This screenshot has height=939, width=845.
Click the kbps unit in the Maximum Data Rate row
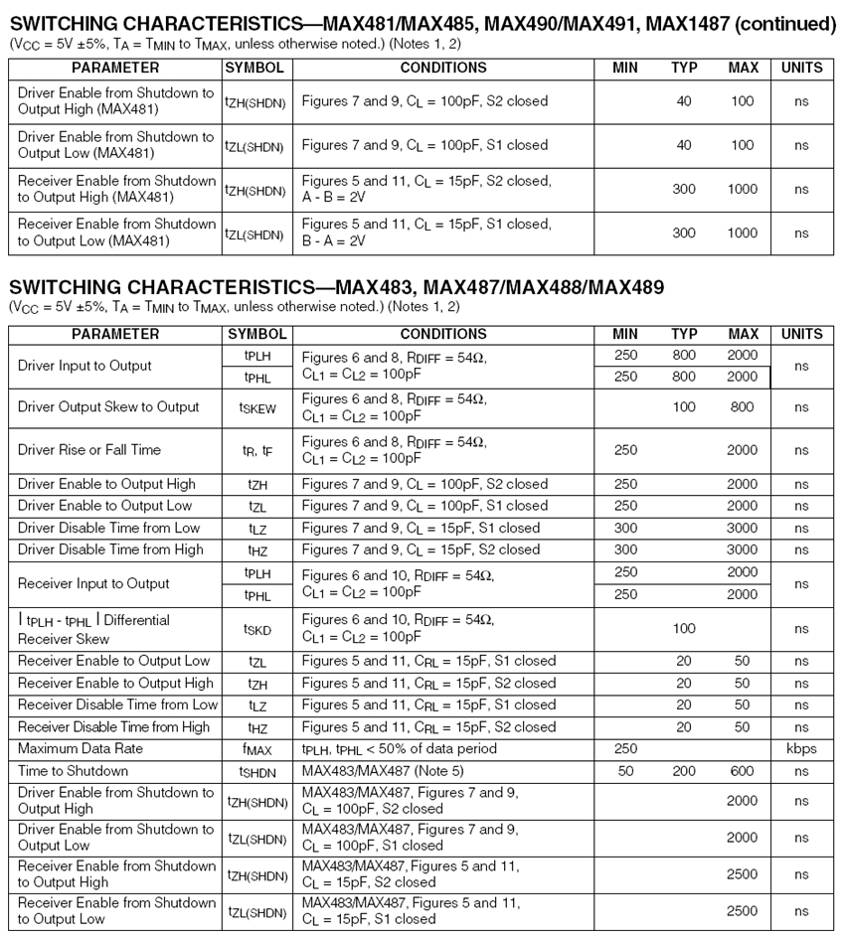pyautogui.click(x=801, y=748)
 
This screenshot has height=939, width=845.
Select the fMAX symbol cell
pyautogui.click(x=256, y=749)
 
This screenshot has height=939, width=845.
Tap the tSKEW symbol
pyautogui.click(x=256, y=407)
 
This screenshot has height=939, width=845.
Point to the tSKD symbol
pyautogui.click(x=256, y=629)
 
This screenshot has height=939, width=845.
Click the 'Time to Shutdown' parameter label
pyautogui.click(x=73, y=770)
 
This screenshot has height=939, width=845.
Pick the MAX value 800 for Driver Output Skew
pyautogui.click(x=742, y=406)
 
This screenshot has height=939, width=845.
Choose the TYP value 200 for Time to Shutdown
pyautogui.click(x=684, y=770)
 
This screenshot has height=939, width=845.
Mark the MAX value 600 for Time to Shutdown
pyautogui.click(x=742, y=770)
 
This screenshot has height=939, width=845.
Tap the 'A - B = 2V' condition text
pyautogui.click(x=334, y=197)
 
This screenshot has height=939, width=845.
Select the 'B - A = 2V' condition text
pyautogui.click(x=334, y=240)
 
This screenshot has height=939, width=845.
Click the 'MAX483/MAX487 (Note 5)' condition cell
pyautogui.click(x=383, y=770)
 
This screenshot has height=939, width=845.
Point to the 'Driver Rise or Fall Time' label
pyautogui.click(x=89, y=450)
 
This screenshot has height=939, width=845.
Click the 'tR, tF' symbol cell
pyautogui.click(x=256, y=450)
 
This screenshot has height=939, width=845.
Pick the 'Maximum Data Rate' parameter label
pyautogui.click(x=81, y=748)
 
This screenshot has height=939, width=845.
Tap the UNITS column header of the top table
pyautogui.click(x=801, y=69)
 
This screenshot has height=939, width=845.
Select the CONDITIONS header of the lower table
pyautogui.click(x=443, y=334)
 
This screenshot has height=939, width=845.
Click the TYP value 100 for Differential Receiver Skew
pyautogui.click(x=684, y=629)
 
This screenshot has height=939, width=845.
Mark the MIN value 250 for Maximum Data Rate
pyautogui.click(x=625, y=748)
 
